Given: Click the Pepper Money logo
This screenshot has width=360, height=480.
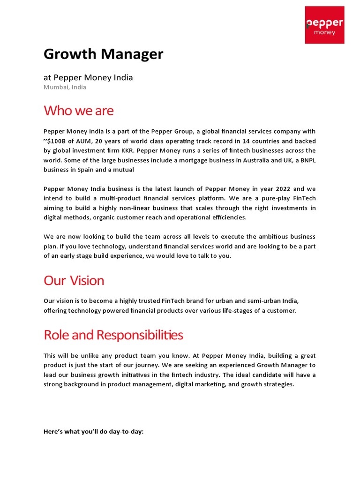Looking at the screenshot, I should [324, 25].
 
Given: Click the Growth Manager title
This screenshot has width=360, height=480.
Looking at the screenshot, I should [104, 54].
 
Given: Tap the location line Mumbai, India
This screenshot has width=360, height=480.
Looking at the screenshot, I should [65, 87].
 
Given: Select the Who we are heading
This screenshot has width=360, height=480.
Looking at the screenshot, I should [78, 111].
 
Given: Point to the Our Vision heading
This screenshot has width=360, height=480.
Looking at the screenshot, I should [74, 280].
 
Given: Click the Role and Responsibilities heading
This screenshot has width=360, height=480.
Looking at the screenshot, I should [113, 335].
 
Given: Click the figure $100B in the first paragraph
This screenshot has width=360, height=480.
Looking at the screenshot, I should [58, 141].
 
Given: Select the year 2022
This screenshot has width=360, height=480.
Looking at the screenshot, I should [283, 189].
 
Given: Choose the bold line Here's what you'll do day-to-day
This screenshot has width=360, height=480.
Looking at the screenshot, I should [93, 431].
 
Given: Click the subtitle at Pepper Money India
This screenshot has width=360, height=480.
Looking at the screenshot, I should [88, 77].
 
